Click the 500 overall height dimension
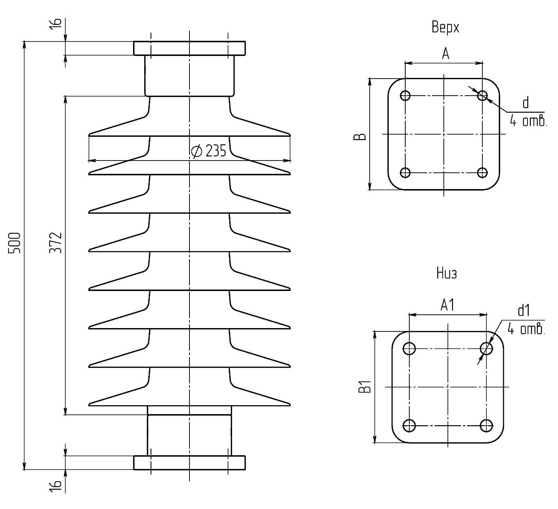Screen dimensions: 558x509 click(x=14, y=243)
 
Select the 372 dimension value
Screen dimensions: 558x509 click(x=55, y=242)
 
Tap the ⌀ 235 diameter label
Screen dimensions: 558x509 click(x=209, y=151)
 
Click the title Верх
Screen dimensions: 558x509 click(x=445, y=27)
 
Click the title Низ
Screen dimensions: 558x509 click(x=446, y=274)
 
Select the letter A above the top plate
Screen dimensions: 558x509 click(x=446, y=54)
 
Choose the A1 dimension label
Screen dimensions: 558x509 click(x=447, y=305)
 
